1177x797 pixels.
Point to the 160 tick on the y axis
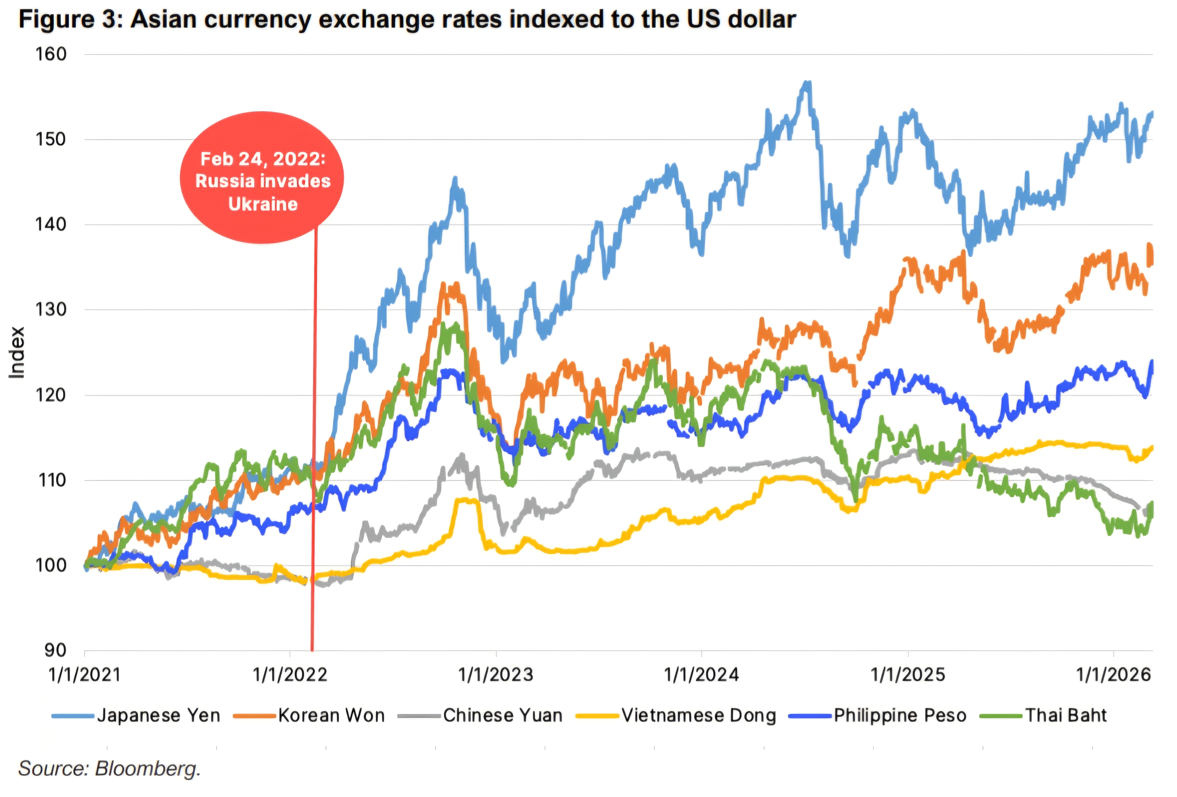point(51,54)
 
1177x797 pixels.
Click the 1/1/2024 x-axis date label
point(702,675)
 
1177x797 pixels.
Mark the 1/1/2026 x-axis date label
point(1113,675)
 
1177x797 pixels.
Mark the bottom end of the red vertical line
point(312,650)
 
